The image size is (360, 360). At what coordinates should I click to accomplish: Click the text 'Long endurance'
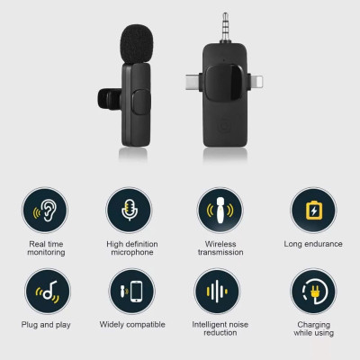pos(312,244)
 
